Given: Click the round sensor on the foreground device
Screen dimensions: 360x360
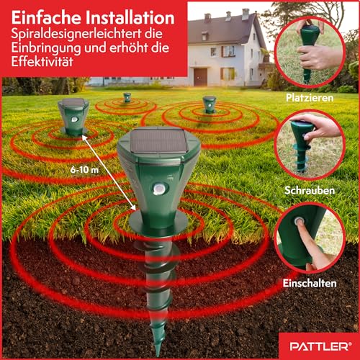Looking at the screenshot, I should pyautogui.click(x=158, y=188).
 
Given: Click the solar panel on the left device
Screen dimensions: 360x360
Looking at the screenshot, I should pyautogui.click(x=73, y=103).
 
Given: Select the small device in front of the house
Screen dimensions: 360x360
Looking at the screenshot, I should pyautogui.click(x=127, y=96).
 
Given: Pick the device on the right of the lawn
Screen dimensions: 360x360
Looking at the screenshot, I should pyautogui.click(x=209, y=103).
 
